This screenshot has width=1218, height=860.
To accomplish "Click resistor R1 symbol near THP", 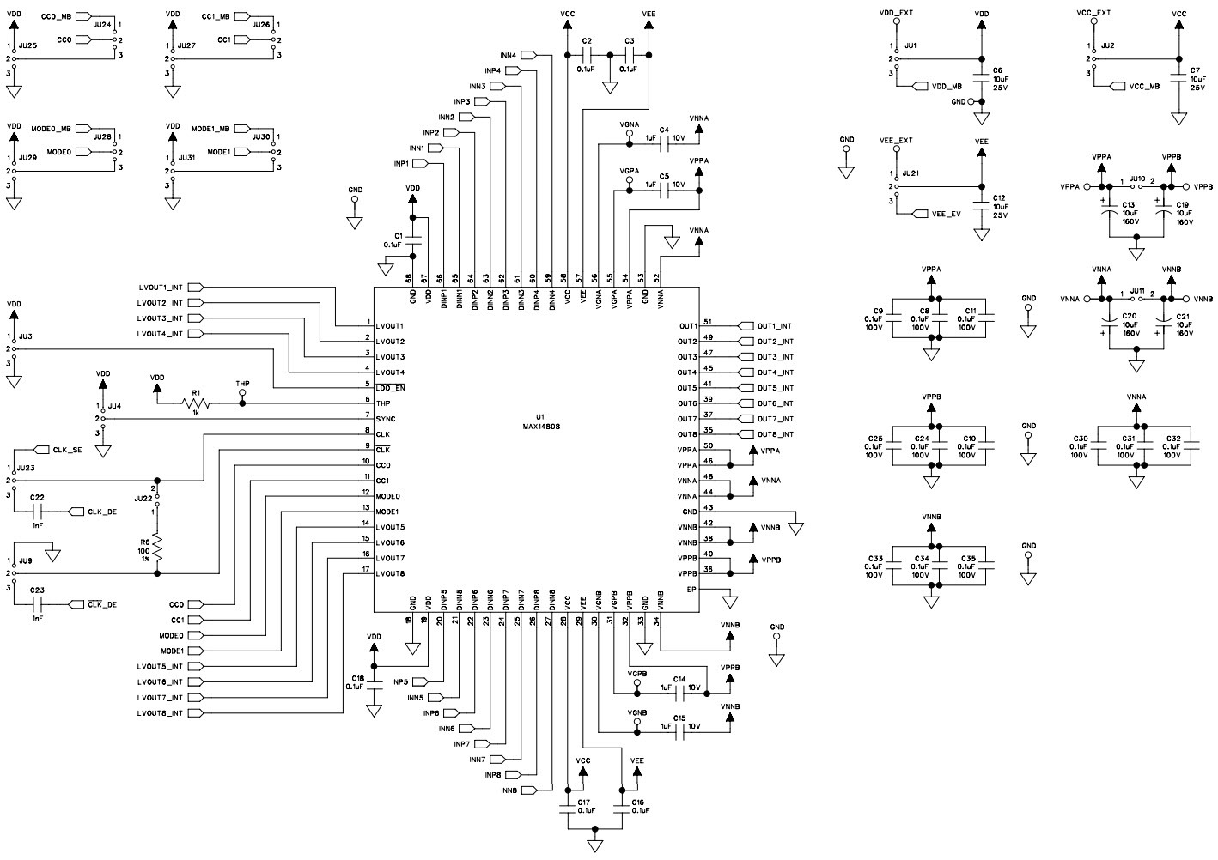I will pyautogui.click(x=196, y=403).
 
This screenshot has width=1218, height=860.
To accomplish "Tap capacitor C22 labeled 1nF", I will pyautogui.click(x=36, y=512).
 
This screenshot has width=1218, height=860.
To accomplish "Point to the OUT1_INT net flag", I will pyautogui.click(x=773, y=326).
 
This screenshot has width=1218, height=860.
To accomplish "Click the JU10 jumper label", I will pyautogui.click(x=1136, y=179).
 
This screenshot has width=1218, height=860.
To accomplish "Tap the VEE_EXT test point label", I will pyautogui.click(x=896, y=140).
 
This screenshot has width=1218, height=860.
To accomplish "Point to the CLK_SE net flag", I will pyautogui.click(x=65, y=450).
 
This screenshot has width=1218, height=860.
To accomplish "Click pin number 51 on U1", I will pyautogui.click(x=708, y=322).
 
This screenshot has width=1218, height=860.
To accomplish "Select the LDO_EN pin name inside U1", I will pyautogui.click(x=390, y=388).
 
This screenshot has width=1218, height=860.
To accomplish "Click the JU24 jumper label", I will pyautogui.click(x=101, y=25).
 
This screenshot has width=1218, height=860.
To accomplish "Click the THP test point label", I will pyautogui.click(x=242, y=385).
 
